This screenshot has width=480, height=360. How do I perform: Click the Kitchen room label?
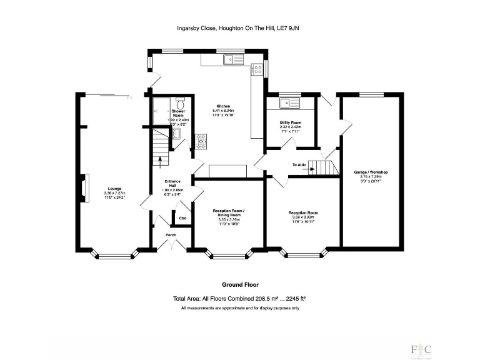[223, 106]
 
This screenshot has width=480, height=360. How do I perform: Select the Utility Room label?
[291, 122]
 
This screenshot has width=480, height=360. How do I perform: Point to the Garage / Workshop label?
[374, 172]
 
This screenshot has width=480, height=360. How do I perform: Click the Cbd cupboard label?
[182, 218]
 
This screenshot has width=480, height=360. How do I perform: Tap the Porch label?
[171, 235]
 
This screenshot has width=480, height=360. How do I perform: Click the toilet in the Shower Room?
[180, 102]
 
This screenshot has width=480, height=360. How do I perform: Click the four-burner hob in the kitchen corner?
[256, 71]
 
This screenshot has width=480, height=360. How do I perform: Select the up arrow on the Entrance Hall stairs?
[161, 157]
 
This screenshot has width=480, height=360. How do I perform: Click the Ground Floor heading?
[240, 284]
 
